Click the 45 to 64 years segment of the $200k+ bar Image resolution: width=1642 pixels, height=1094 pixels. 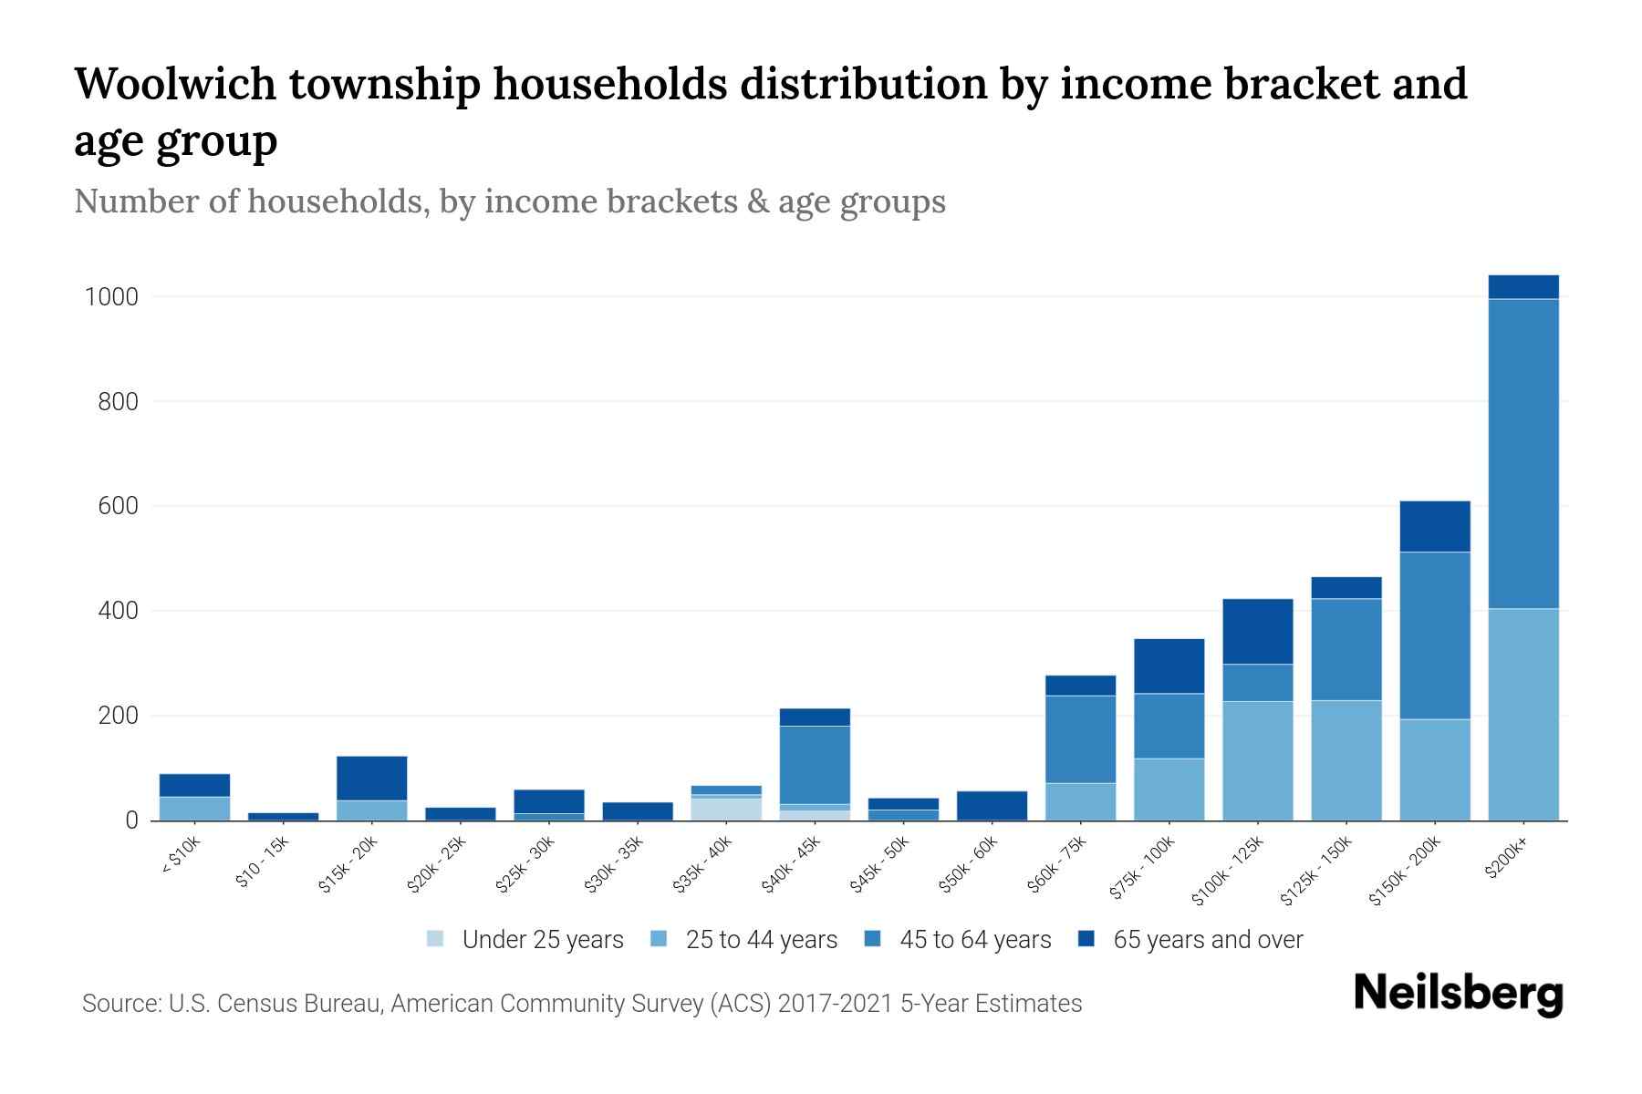coord(1522,453)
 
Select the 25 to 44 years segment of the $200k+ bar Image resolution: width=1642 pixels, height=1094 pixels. coord(1522,714)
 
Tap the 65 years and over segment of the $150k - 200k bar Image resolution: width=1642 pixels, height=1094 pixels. coord(1434,526)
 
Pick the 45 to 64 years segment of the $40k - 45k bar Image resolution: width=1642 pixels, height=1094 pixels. coord(815,765)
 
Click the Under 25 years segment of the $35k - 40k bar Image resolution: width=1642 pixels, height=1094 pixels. coord(726,809)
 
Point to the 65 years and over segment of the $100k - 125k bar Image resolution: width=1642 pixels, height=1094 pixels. coord(1257,631)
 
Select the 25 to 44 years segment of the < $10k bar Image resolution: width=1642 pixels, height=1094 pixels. coord(194,808)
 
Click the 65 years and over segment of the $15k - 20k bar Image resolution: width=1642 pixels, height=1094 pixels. coord(371,778)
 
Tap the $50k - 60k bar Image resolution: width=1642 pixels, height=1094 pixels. coord(992,805)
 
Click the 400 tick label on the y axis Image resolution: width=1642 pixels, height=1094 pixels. coord(118,611)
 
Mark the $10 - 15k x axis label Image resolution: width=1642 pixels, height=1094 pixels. coord(261,862)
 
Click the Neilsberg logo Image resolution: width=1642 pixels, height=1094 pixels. coord(1458,994)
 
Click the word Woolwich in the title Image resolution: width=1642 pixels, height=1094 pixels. coord(175,84)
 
